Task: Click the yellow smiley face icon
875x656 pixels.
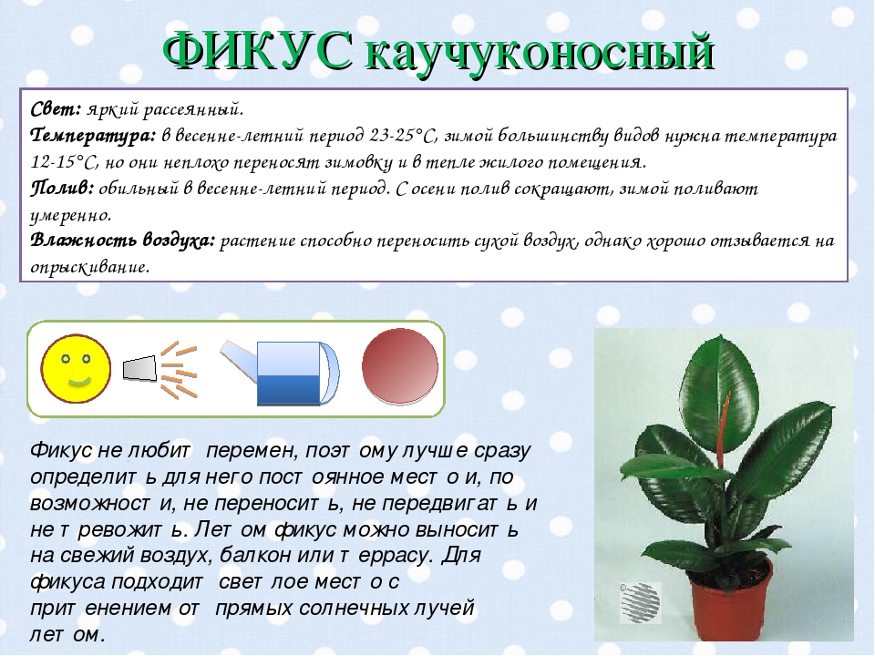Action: [x=76, y=367]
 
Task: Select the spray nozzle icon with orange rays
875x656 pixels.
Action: [x=162, y=368]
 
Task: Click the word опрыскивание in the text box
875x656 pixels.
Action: [x=88, y=267]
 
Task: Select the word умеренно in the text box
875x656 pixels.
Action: [x=70, y=215]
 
